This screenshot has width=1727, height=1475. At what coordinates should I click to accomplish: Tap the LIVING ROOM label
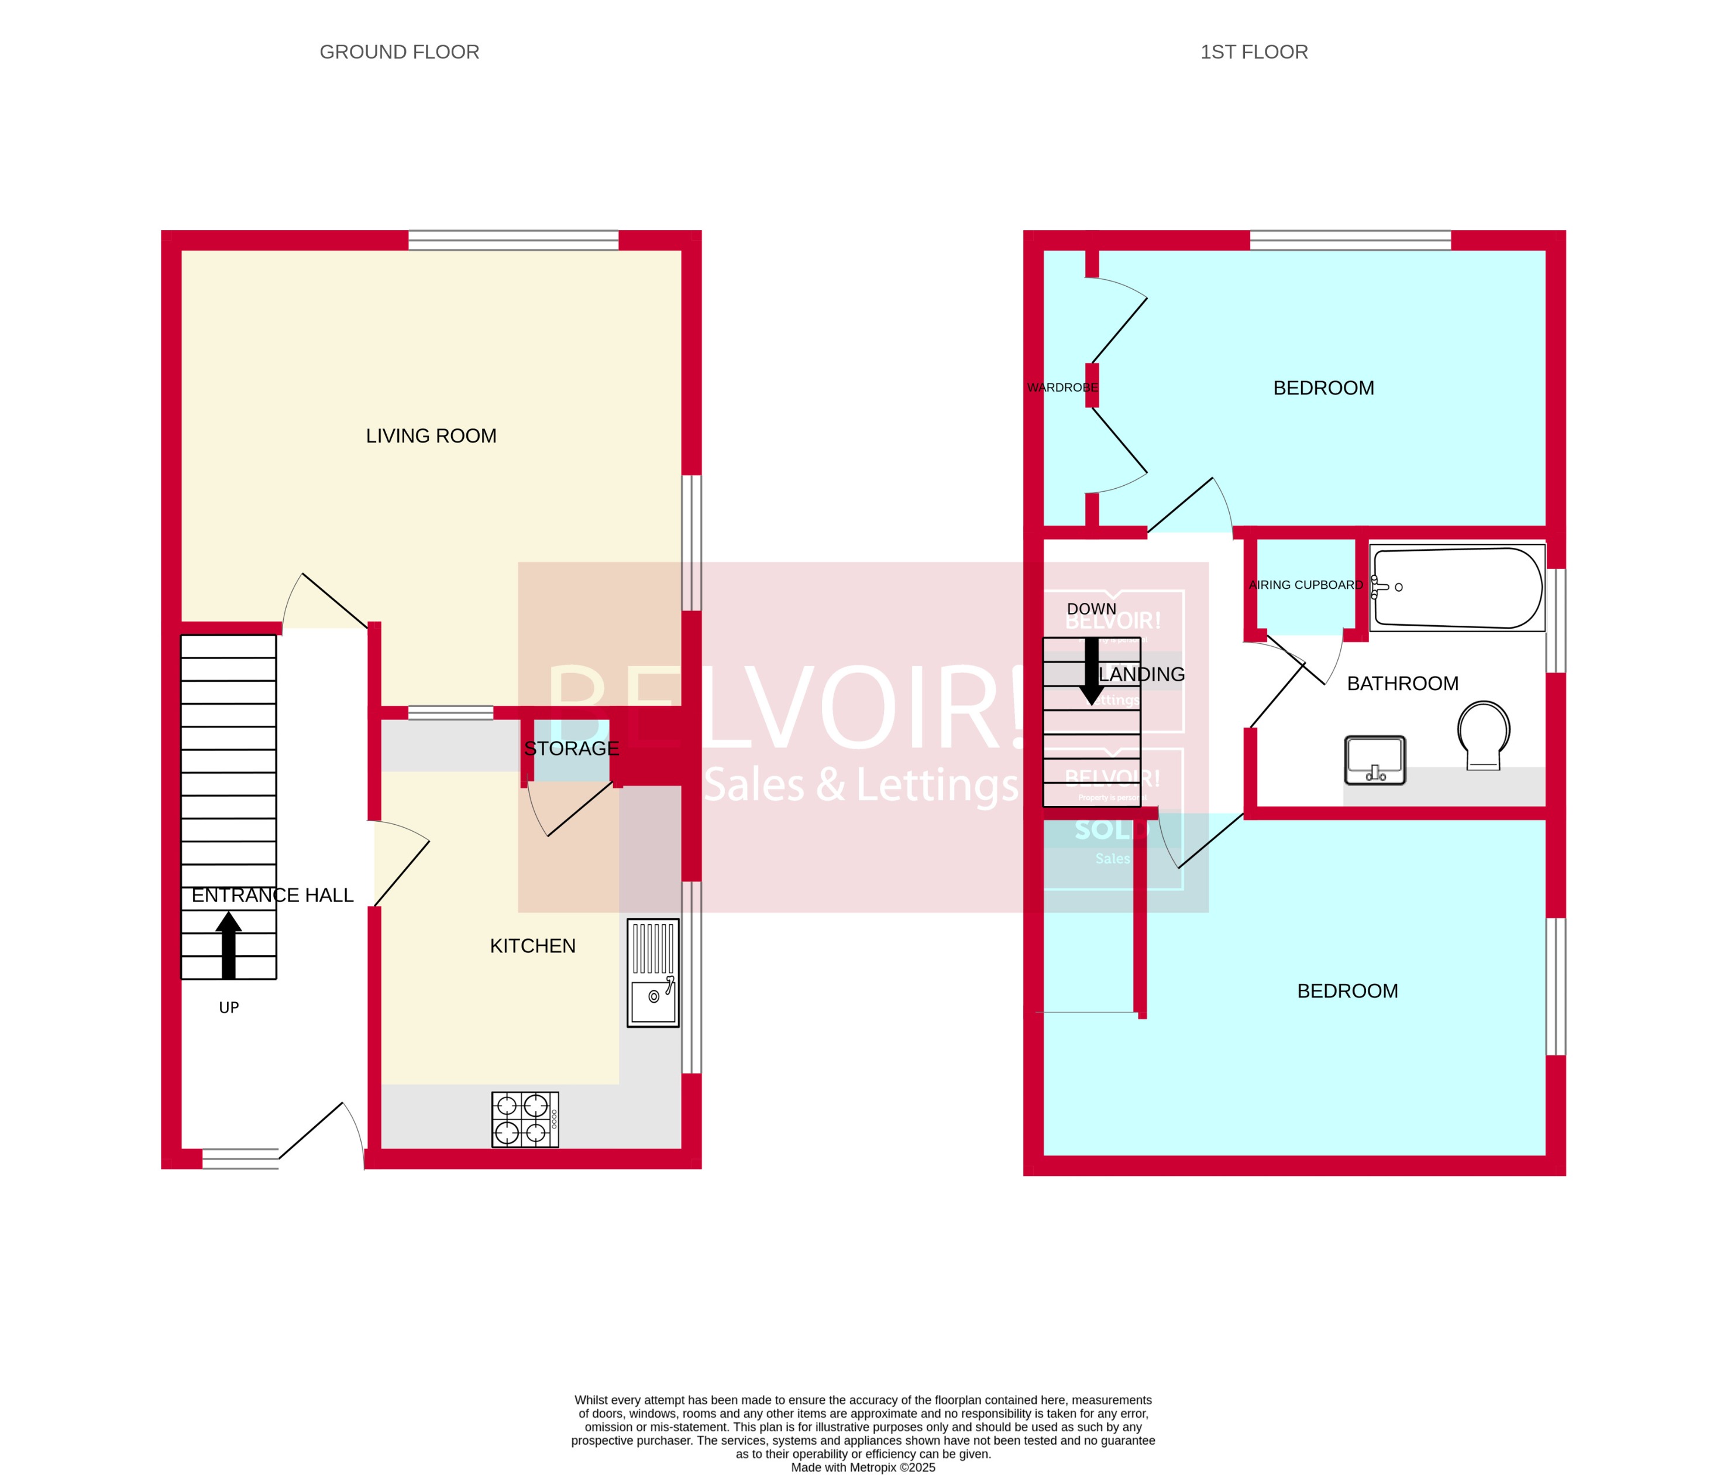431,436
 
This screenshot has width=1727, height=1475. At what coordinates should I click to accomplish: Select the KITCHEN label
532,945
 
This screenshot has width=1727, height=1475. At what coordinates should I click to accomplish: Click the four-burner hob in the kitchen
525,1120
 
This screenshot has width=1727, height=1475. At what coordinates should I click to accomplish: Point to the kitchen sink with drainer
653,972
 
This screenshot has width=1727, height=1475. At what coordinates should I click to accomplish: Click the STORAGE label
571,749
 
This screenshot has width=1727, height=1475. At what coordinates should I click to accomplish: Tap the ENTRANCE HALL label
273,895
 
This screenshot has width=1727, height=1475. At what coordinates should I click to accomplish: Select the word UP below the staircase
228,1007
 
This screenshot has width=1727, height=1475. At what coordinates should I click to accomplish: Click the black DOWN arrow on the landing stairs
1091,672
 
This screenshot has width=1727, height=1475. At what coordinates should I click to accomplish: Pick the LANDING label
1142,674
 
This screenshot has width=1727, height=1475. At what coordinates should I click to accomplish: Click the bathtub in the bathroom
1457,588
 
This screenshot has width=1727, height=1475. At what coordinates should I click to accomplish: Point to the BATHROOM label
1403,684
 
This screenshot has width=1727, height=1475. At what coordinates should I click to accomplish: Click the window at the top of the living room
514,240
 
